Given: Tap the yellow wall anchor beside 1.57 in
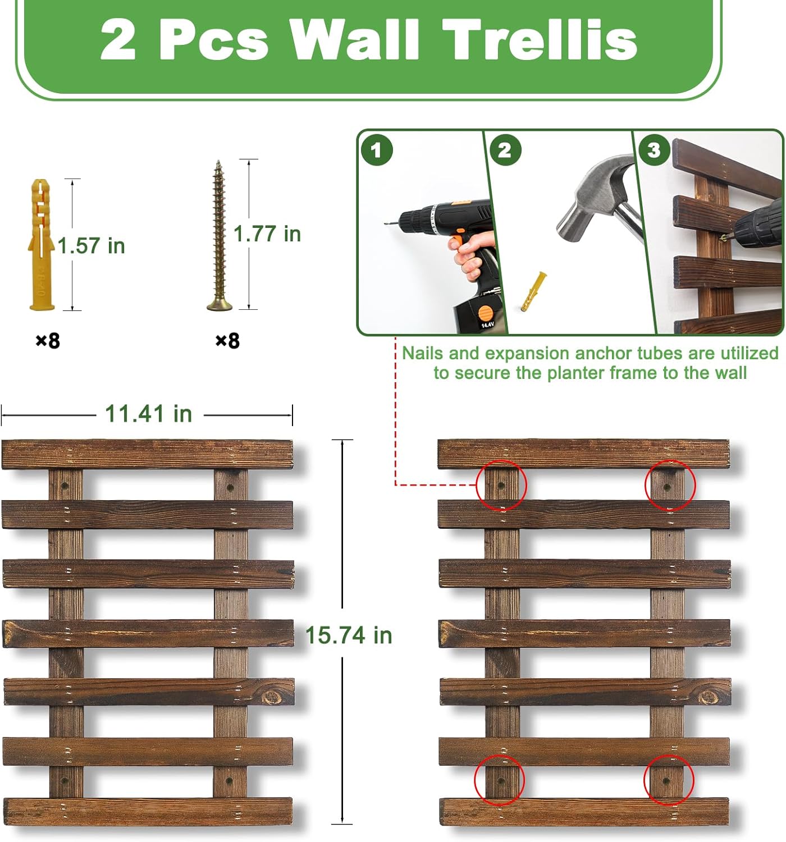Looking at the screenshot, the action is point(42,245).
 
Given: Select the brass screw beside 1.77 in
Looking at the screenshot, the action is point(219,235).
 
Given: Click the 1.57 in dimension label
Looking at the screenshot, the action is point(91,246).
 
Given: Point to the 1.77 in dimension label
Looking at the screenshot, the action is point(267,234).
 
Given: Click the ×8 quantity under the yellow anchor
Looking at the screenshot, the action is point(48,341).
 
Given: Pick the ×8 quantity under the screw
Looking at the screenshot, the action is point(227,341).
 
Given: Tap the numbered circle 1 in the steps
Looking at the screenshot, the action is point(377,150).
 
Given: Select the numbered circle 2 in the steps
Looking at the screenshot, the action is point(505,150).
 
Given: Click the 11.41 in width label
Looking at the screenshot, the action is point(148,413).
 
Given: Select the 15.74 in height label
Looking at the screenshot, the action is point(349,635).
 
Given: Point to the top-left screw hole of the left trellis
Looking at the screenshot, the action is point(65,485).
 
